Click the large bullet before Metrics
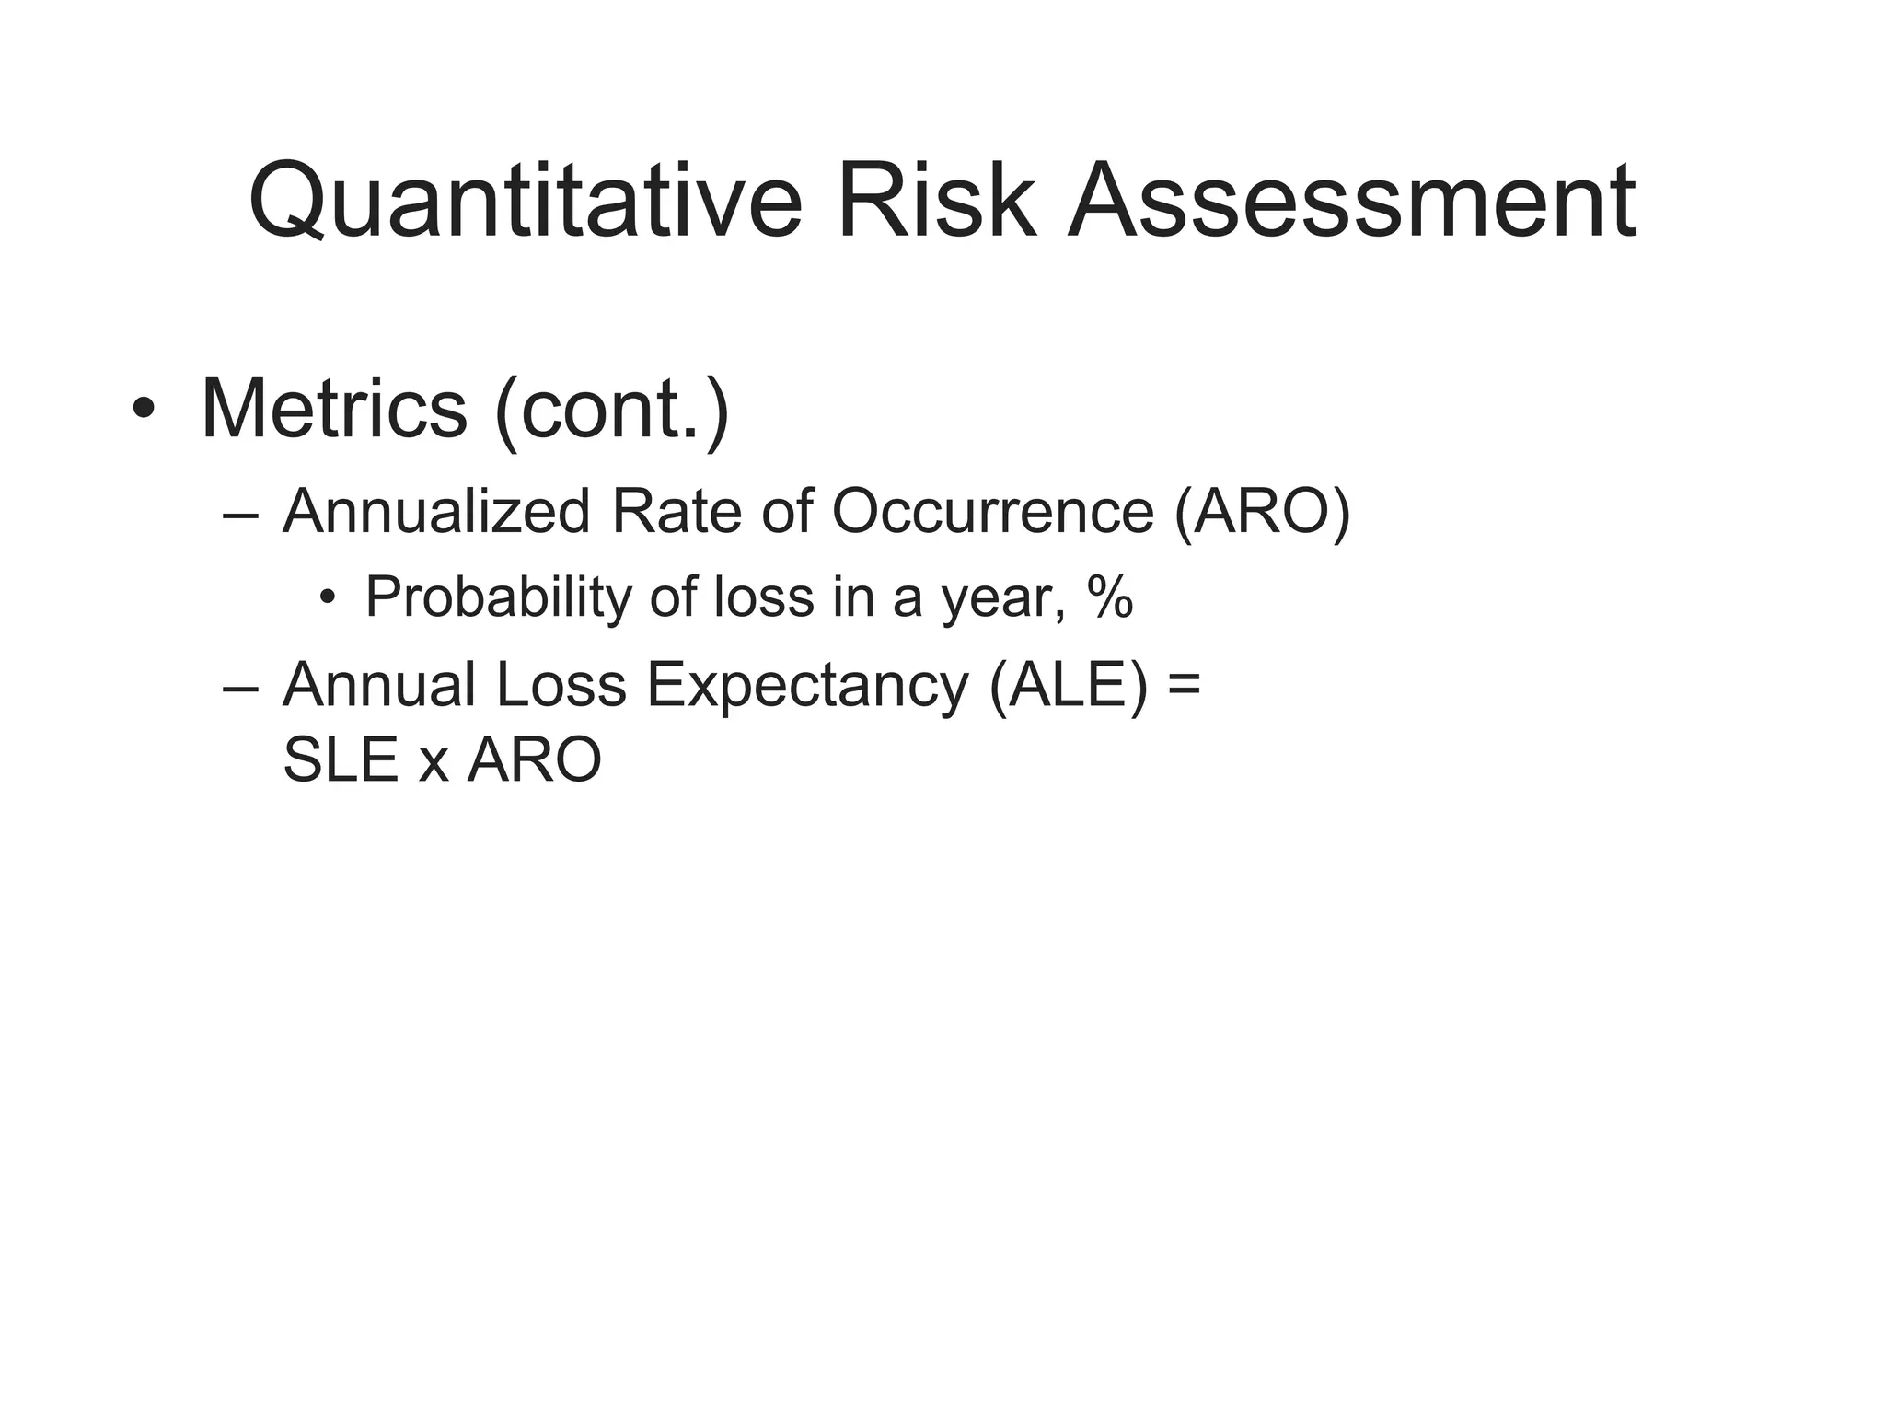point(144,409)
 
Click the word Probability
point(498,597)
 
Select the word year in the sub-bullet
point(1000,600)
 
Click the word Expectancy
point(807,686)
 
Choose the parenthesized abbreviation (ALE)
point(1069,686)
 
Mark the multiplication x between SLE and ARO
point(434,766)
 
